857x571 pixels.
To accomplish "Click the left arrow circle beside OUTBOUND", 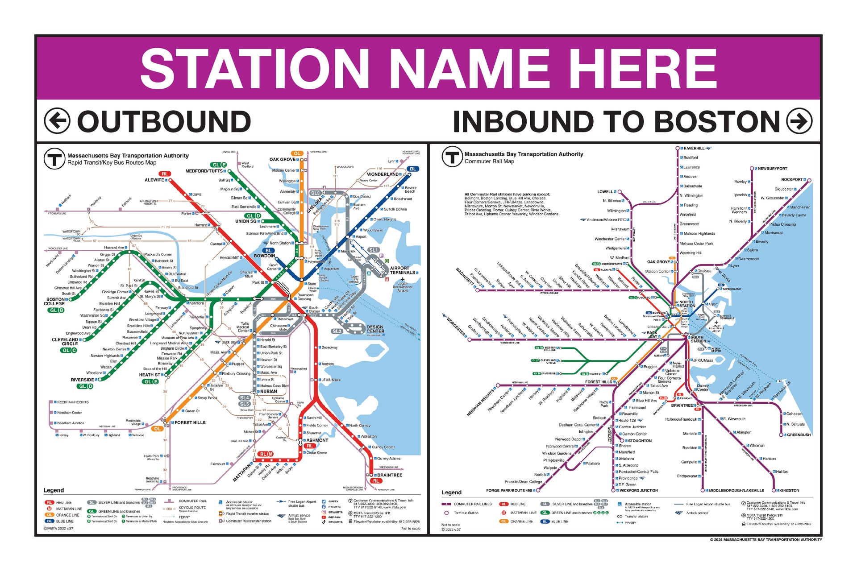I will (x=57, y=121).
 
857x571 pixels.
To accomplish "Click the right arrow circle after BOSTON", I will (x=799, y=121).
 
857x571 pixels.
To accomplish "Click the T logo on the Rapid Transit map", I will (x=54, y=159).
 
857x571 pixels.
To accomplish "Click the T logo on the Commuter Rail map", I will (x=452, y=157).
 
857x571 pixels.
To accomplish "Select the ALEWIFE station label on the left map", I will (x=154, y=180).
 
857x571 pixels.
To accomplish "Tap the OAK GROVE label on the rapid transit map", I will (x=282, y=159).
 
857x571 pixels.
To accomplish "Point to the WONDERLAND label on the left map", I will (x=383, y=174).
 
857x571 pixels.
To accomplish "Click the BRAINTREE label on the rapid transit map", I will (x=389, y=475).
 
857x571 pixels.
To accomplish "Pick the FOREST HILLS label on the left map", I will (x=190, y=422).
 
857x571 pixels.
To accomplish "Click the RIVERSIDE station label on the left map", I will (x=82, y=380).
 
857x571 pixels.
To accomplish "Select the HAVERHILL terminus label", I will (x=694, y=148).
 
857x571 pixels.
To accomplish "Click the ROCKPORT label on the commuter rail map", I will (x=791, y=179).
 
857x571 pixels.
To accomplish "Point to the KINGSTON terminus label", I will (x=789, y=490).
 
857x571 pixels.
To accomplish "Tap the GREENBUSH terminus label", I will (x=799, y=435).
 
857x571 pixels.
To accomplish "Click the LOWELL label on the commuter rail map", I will (x=605, y=192).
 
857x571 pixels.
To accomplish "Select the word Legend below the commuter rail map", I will (x=451, y=492).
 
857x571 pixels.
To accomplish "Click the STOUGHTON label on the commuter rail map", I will (x=640, y=441).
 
